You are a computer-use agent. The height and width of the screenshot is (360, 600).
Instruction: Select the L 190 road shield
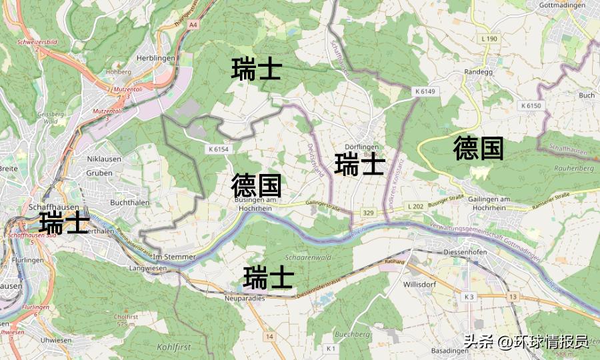click(x=489, y=39)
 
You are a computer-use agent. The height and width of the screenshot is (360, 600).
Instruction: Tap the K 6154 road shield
click(x=218, y=149)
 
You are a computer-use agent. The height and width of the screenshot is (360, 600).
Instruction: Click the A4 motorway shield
click(x=193, y=25)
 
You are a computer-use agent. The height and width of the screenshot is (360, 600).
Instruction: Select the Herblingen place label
click(x=155, y=58)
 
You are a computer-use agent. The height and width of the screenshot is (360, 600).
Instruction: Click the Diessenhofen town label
click(x=465, y=253)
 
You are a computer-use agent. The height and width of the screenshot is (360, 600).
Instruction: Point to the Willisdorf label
click(x=420, y=283)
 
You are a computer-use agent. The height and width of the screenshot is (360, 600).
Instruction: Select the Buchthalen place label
click(x=127, y=201)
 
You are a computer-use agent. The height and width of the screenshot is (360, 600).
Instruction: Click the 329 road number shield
click(x=368, y=213)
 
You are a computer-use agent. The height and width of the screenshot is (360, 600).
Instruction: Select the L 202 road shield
click(x=415, y=207)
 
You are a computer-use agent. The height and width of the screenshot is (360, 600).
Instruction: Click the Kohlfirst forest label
click(x=174, y=347)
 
